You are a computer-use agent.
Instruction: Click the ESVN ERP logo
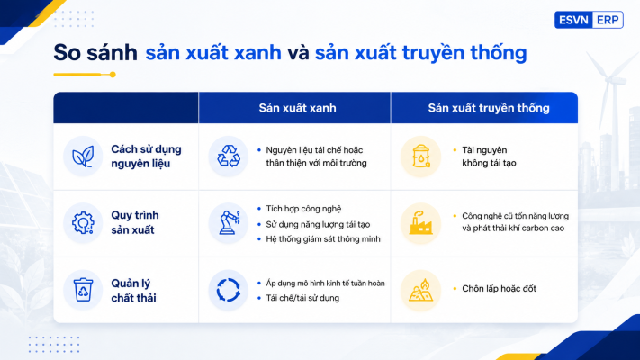pyautogui.click(x=589, y=20)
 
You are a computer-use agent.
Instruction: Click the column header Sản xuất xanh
pyautogui.click(x=297, y=108)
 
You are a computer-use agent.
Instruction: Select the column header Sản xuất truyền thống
pyautogui.click(x=489, y=108)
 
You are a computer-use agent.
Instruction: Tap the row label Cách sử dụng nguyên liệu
pyautogui.click(x=146, y=157)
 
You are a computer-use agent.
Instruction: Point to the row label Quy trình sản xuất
pyautogui.click(x=135, y=222)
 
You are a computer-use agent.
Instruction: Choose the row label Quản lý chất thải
pyautogui.click(x=133, y=290)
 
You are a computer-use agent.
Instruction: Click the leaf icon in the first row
pyautogui.click(x=83, y=157)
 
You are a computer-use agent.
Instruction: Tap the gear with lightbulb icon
pyautogui.click(x=83, y=223)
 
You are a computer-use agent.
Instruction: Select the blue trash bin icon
pyautogui.click(x=83, y=290)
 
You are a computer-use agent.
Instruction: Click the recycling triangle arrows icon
pyautogui.click(x=228, y=157)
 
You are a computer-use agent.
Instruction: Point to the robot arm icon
pyautogui.click(x=229, y=222)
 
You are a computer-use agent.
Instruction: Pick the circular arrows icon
pyautogui.click(x=228, y=290)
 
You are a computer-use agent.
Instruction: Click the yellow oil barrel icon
pyautogui.click(x=421, y=157)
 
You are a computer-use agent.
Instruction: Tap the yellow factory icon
pyautogui.click(x=421, y=223)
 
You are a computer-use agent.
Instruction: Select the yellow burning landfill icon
pyautogui.click(x=421, y=290)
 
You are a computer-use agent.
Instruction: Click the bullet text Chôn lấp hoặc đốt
pyautogui.click(x=499, y=289)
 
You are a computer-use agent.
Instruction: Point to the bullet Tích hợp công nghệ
pyautogui.click(x=303, y=209)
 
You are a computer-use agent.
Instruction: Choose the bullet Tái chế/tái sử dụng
pyautogui.click(x=302, y=298)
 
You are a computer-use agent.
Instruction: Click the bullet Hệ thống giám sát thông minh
pyautogui.click(x=323, y=238)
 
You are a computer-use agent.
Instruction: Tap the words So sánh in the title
pyautogui.click(x=95, y=53)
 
